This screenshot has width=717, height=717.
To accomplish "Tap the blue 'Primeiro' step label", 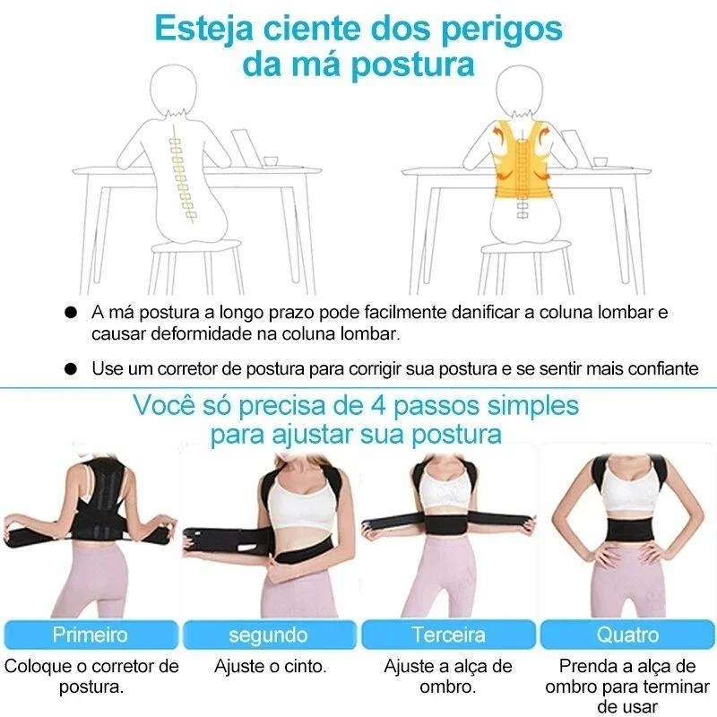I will (90, 635).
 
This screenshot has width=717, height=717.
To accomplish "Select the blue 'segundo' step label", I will (268, 635).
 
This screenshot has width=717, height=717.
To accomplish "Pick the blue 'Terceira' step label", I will (448, 635).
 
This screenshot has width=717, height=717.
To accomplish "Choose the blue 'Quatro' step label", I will (627, 635).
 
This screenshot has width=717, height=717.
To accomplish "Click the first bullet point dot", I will (71, 314).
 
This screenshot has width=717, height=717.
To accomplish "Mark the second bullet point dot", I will (71, 368).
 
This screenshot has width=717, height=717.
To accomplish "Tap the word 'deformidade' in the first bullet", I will (187, 333).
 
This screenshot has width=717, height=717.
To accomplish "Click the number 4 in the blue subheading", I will (377, 404).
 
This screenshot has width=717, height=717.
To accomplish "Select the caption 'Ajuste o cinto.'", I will (270, 667).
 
